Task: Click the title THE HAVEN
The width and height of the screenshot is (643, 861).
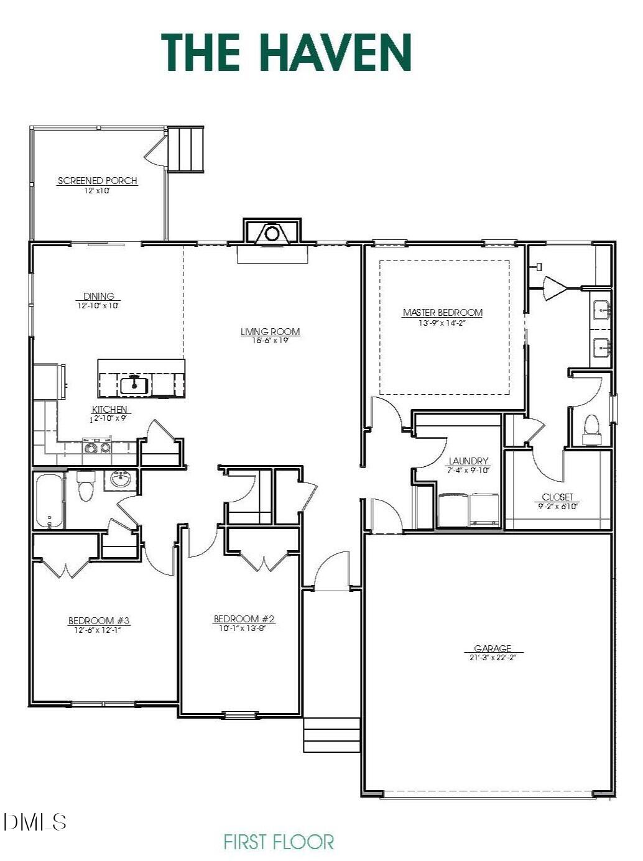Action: (x=286, y=52)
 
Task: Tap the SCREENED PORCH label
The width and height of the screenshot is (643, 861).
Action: (x=97, y=181)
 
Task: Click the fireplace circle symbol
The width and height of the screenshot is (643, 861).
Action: (x=272, y=234)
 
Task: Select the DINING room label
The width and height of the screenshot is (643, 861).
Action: (x=99, y=297)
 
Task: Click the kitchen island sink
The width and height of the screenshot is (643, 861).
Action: (x=134, y=385)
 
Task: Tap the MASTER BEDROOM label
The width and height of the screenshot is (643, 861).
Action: (x=442, y=313)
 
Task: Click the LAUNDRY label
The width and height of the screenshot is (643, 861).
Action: (x=468, y=461)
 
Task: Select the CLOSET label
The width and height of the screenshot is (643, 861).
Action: (x=557, y=497)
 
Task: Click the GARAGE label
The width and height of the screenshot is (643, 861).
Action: (x=493, y=648)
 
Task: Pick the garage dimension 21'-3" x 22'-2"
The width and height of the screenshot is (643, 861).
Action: (x=493, y=657)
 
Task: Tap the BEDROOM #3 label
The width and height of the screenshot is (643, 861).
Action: (x=99, y=620)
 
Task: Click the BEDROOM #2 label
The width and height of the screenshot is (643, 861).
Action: (x=244, y=619)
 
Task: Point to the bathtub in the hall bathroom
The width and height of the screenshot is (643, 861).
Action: (x=49, y=501)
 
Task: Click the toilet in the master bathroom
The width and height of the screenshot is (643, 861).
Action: (x=591, y=429)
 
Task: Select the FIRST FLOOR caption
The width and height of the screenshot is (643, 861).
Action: (x=279, y=842)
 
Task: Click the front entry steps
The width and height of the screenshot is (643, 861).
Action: (x=331, y=735)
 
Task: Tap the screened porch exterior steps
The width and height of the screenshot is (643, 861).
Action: (x=187, y=149)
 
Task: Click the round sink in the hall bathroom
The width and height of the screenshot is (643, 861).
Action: (x=120, y=479)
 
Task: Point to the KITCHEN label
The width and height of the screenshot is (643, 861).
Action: (x=109, y=410)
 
